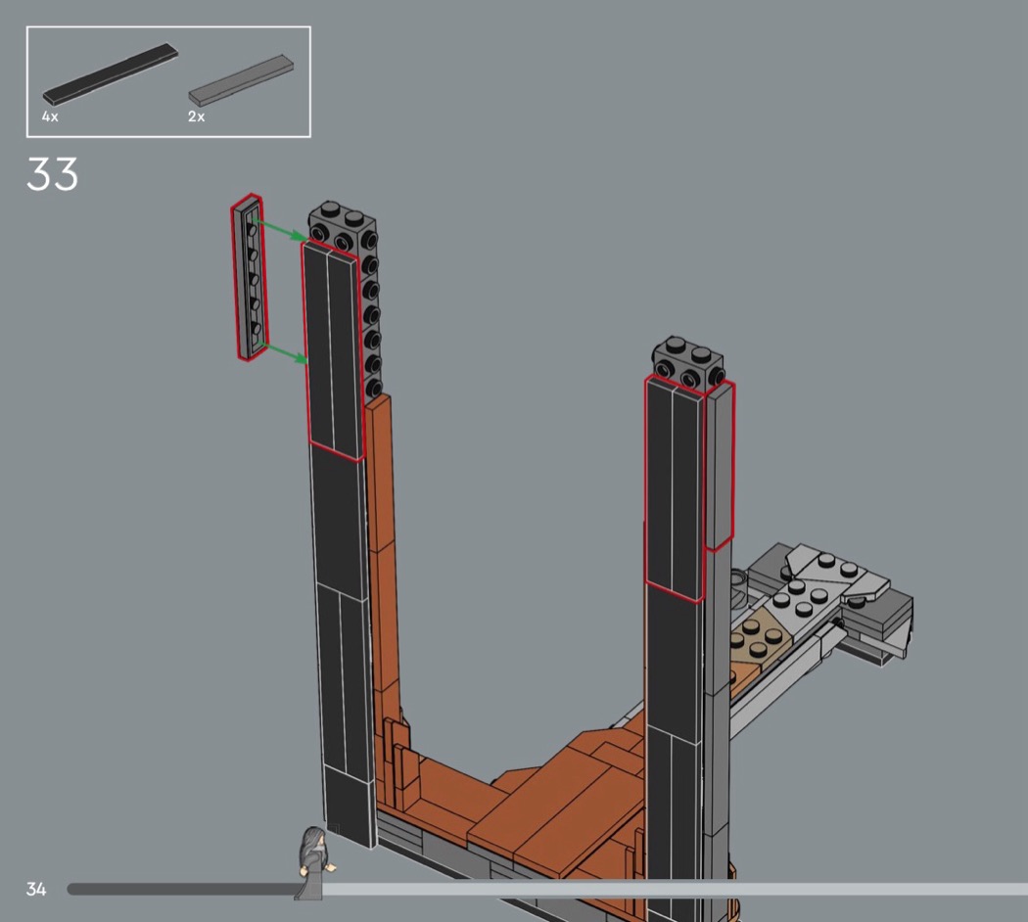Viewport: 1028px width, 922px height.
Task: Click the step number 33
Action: click(x=53, y=173)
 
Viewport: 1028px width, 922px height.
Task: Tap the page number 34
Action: click(x=36, y=889)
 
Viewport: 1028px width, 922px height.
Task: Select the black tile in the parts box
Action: click(x=110, y=73)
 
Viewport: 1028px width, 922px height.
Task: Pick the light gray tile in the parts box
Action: click(x=241, y=80)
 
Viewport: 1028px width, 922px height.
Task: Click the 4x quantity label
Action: click(x=50, y=116)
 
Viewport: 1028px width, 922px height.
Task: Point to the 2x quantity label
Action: click(x=196, y=116)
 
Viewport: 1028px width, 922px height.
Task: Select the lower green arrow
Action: click(x=283, y=351)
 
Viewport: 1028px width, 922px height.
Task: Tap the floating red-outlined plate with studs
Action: click(x=249, y=277)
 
